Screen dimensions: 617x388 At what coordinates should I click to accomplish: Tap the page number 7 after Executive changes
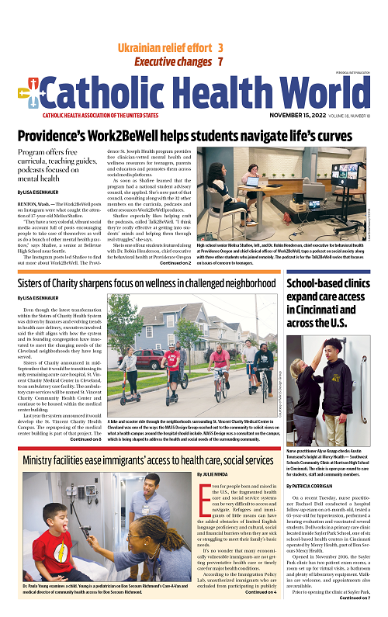221,61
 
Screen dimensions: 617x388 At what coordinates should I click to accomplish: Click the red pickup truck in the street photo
147,359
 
